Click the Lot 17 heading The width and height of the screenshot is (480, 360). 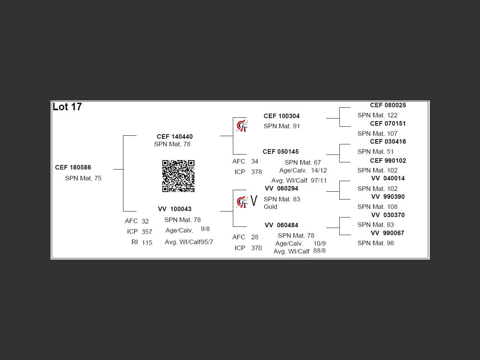pyautogui.click(x=67, y=107)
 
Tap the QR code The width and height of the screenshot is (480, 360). pyautogui.click(x=178, y=176)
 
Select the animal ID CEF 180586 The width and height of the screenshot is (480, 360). pyautogui.click(x=73, y=167)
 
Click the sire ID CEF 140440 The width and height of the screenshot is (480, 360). pyautogui.click(x=175, y=136)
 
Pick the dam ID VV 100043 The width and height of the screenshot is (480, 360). pyautogui.click(x=175, y=209)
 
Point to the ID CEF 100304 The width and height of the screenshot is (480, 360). pyautogui.click(x=282, y=116)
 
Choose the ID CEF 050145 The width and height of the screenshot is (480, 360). pyautogui.click(x=281, y=151)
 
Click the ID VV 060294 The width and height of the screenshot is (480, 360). pyautogui.click(x=282, y=188)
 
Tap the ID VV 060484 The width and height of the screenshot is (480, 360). pyautogui.click(x=282, y=225)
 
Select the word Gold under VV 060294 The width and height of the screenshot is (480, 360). pyautogui.click(x=270, y=207)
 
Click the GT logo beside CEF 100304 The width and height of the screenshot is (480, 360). pyautogui.click(x=242, y=126)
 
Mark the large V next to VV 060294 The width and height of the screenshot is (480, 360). pyautogui.click(x=254, y=201)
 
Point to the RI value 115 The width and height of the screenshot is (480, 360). pyautogui.click(x=147, y=243)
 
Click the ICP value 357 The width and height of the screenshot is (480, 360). pyautogui.click(x=147, y=232)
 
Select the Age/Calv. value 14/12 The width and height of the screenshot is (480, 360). pyautogui.click(x=319, y=170)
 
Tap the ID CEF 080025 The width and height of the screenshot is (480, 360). pyautogui.click(x=388, y=105)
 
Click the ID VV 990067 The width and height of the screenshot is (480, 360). pyautogui.click(x=388, y=233)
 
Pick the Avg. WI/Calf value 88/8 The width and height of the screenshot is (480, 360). pyautogui.click(x=319, y=250)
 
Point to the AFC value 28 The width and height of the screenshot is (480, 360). pyautogui.click(x=255, y=237)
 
